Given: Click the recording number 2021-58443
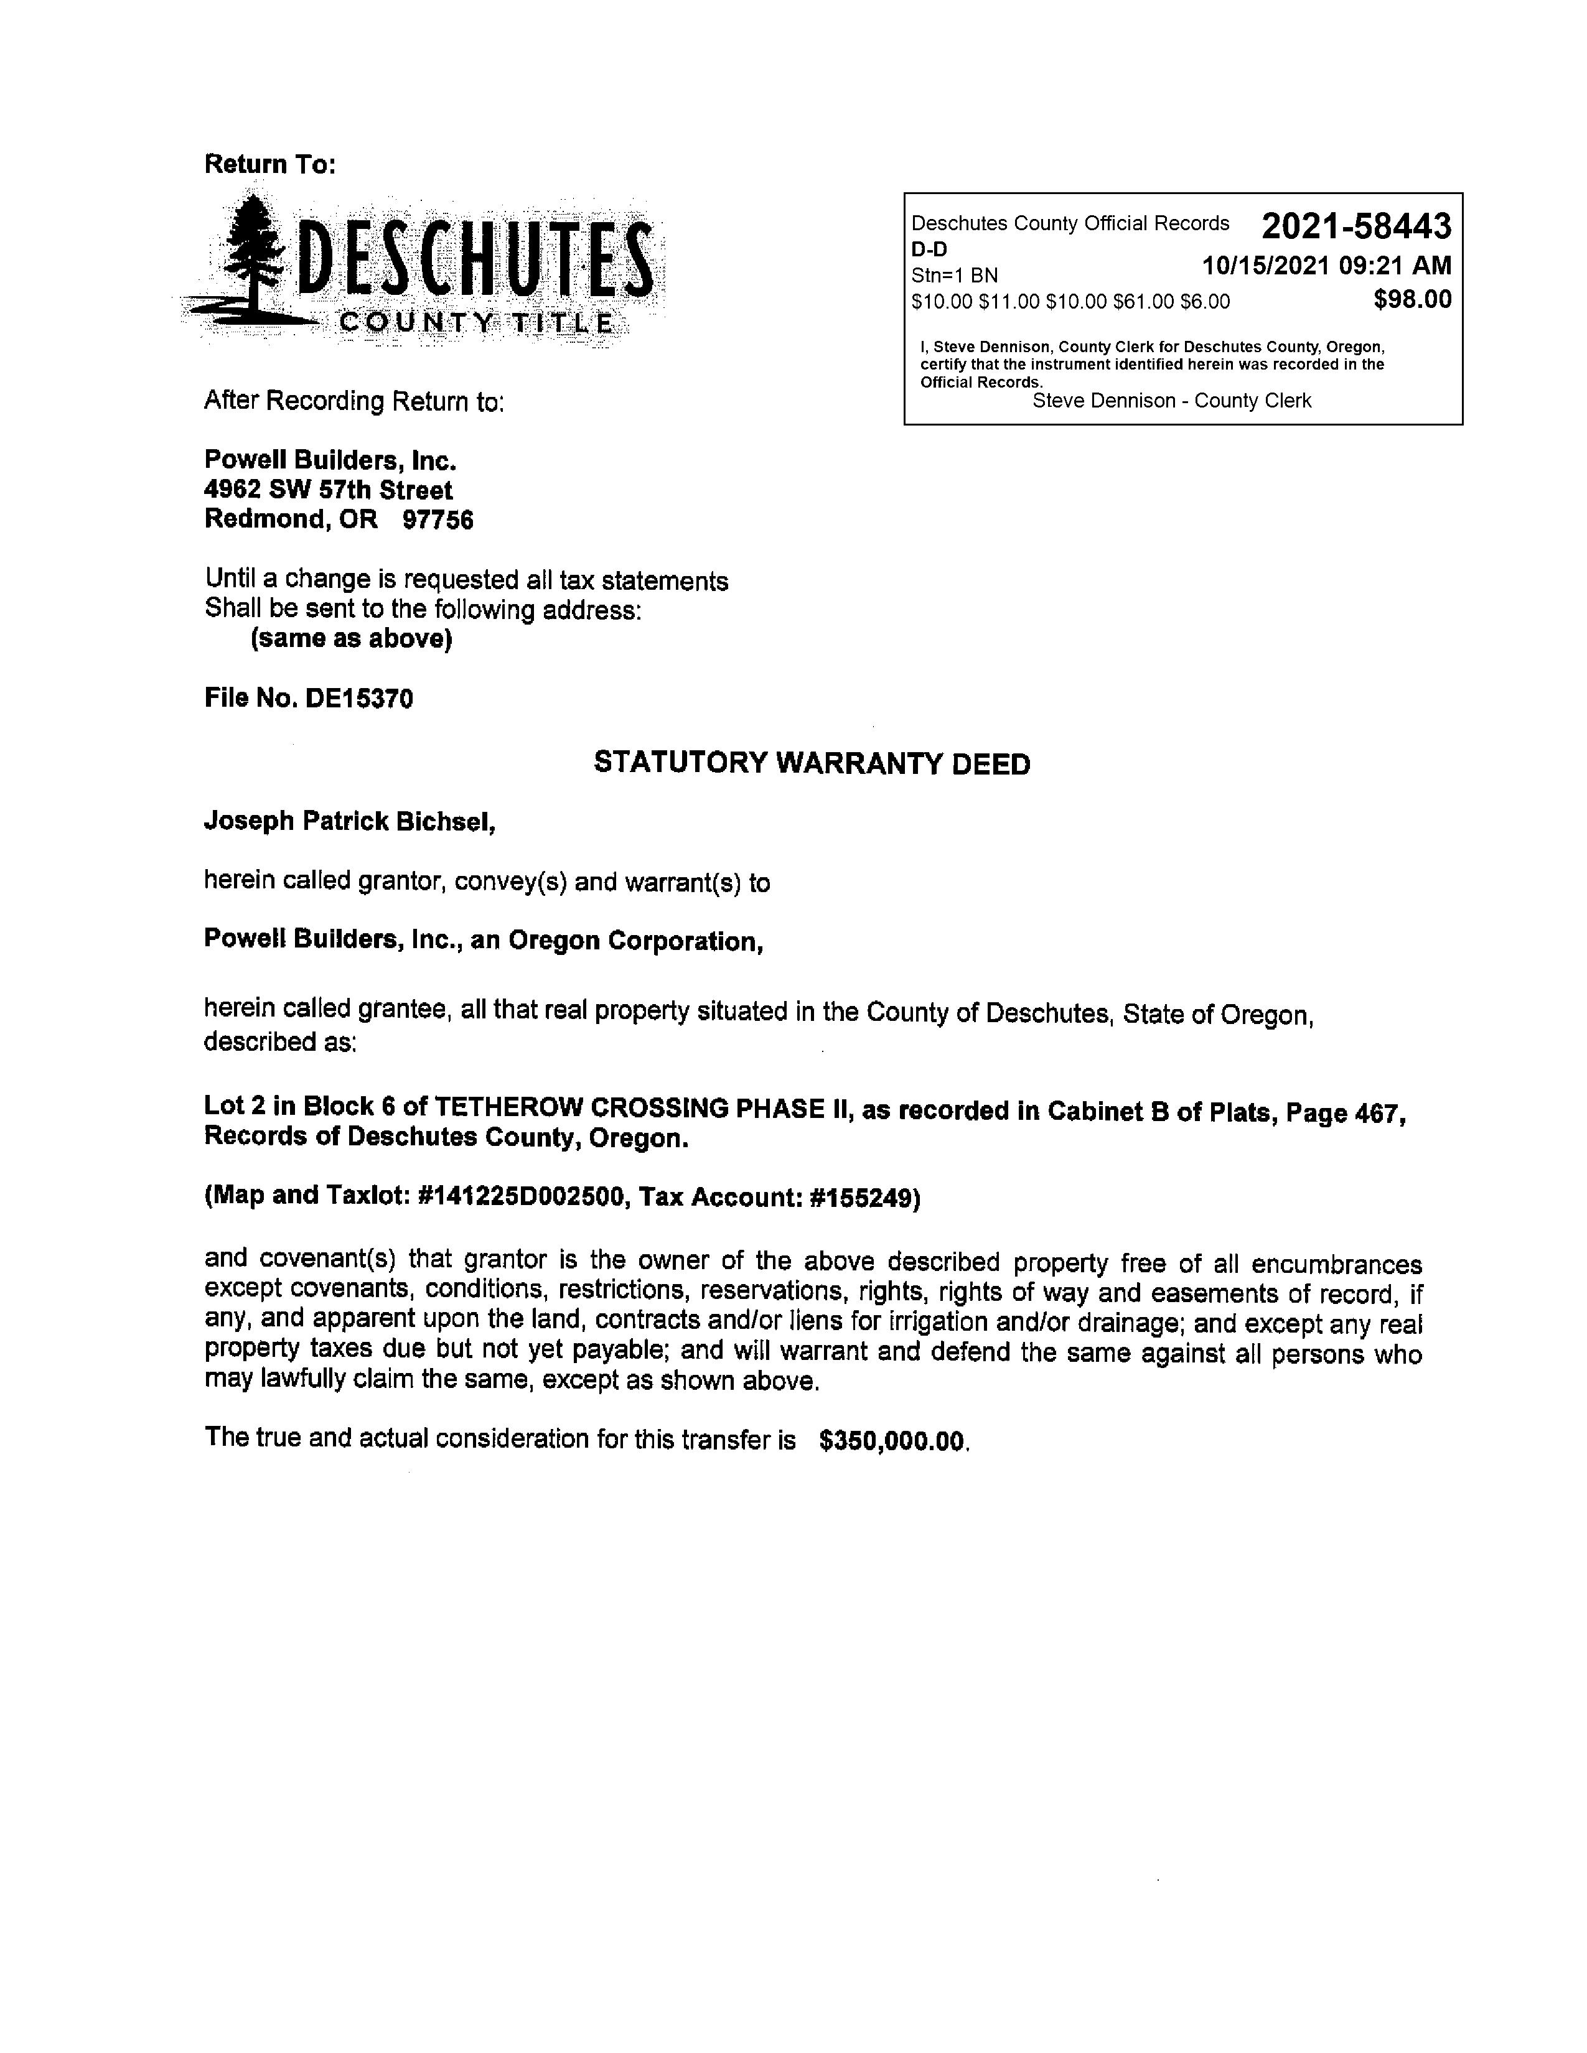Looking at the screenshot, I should click(x=1355, y=226).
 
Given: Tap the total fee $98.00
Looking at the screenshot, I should click(x=1412, y=300).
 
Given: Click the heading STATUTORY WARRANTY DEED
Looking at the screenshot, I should click(x=812, y=763).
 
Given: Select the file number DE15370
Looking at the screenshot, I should click(x=359, y=699).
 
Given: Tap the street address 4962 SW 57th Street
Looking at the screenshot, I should click(x=328, y=490).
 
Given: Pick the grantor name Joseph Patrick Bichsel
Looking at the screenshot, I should click(x=349, y=822).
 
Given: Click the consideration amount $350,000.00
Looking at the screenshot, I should click(x=892, y=1441).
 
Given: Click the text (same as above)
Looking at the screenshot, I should click(x=350, y=639).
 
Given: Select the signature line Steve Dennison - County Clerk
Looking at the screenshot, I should click(x=1171, y=401).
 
